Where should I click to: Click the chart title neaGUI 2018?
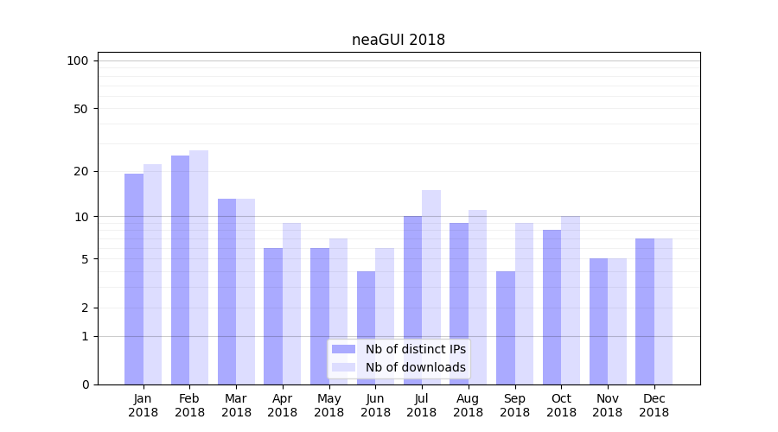[399, 40]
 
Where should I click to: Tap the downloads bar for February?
[199, 268]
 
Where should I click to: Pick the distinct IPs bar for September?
[506, 328]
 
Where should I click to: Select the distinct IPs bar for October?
[552, 308]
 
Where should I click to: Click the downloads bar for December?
[664, 312]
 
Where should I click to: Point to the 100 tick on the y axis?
[78, 60]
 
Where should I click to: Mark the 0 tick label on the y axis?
[85, 384]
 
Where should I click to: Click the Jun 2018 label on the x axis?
[375, 405]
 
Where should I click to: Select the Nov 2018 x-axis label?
[608, 405]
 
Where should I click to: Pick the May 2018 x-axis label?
[328, 405]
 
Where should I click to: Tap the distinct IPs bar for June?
[366, 328]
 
